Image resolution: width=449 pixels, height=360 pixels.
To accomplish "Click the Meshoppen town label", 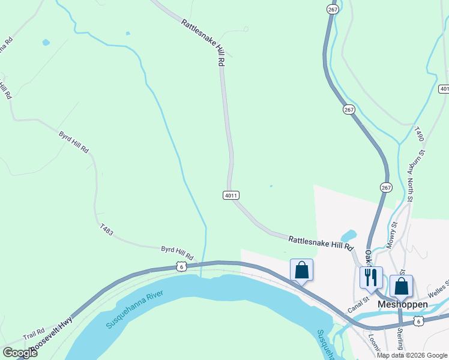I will pyautogui.click(x=403, y=304).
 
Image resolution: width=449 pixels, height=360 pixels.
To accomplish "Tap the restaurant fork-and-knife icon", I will pyautogui.click(x=370, y=277).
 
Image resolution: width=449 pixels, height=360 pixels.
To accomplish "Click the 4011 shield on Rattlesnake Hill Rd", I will pyautogui.click(x=231, y=195).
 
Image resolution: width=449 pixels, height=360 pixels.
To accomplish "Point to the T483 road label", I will pyautogui.click(x=106, y=229).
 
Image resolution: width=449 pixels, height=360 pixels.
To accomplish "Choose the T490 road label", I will pyautogui.click(x=419, y=133).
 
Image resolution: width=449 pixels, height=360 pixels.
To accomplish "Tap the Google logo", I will pyautogui.click(x=20, y=353).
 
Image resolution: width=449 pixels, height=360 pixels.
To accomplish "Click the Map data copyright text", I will pyautogui.click(x=411, y=355).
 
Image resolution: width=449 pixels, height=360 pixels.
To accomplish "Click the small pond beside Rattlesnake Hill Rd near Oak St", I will pyautogui.click(x=348, y=236).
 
